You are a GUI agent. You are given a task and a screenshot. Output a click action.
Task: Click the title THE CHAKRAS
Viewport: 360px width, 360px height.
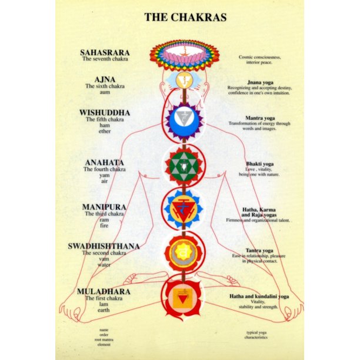[185, 17]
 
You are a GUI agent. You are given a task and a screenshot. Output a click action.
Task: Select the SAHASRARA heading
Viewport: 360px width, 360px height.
[105, 52]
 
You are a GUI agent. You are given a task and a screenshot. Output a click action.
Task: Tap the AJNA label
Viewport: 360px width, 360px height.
[105, 79]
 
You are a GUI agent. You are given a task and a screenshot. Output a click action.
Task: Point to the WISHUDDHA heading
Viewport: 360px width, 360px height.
[105, 112]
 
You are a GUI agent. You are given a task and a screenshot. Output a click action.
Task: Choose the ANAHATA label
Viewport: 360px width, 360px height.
[105, 162]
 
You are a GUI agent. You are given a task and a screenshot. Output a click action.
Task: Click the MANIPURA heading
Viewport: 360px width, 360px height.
[105, 207]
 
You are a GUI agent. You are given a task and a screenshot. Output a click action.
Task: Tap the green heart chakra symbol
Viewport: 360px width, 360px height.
[184, 165]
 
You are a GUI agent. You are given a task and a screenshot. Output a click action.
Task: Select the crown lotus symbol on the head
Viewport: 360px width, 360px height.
[184, 55]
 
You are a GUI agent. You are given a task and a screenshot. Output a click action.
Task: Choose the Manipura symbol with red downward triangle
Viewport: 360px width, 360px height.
[184, 209]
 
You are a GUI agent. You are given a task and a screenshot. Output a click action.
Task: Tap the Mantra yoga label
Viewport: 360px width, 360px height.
[259, 118]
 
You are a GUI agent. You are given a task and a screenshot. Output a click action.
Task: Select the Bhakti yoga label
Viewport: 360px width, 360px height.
[259, 164]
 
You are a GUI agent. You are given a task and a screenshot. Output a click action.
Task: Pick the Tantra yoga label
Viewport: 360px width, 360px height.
[259, 250]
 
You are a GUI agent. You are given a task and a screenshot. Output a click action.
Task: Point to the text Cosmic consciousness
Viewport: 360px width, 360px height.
[259, 57]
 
